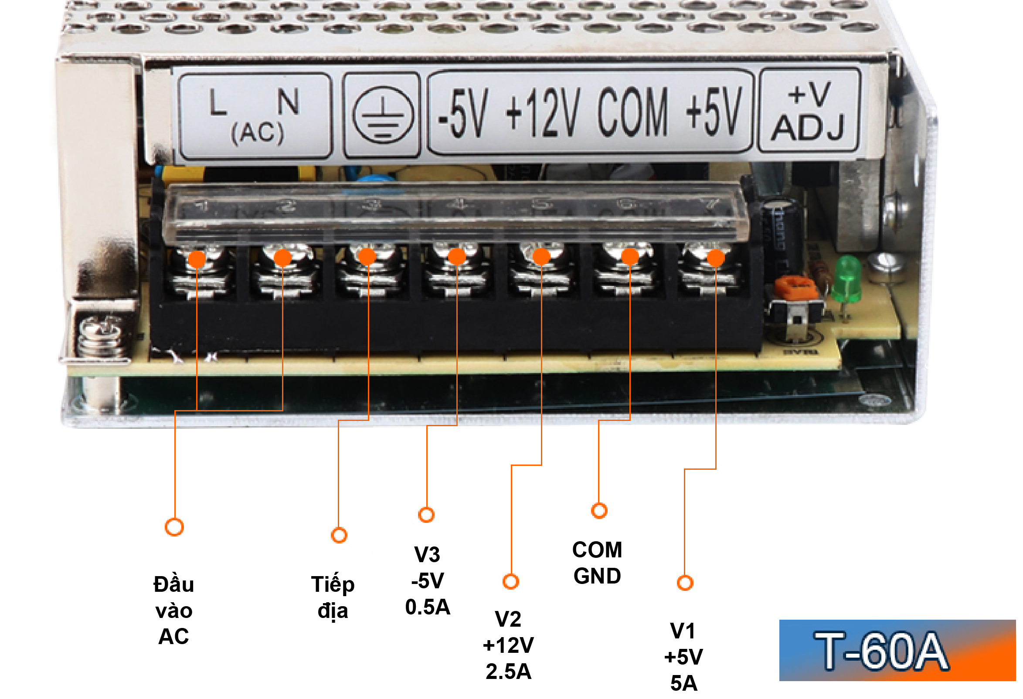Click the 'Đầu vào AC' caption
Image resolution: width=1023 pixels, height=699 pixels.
click(x=174, y=611)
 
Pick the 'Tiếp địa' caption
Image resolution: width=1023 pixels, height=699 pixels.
click(x=333, y=598)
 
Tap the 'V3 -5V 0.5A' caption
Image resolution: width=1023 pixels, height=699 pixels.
click(x=428, y=580)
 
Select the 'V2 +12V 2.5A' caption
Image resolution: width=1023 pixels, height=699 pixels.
click(x=508, y=645)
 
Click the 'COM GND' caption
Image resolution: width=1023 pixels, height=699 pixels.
click(x=597, y=563)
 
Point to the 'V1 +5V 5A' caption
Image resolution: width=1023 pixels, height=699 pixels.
click(x=683, y=657)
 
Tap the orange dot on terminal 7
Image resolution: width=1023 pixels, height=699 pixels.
click(x=716, y=258)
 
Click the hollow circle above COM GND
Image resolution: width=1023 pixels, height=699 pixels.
click(x=599, y=511)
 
